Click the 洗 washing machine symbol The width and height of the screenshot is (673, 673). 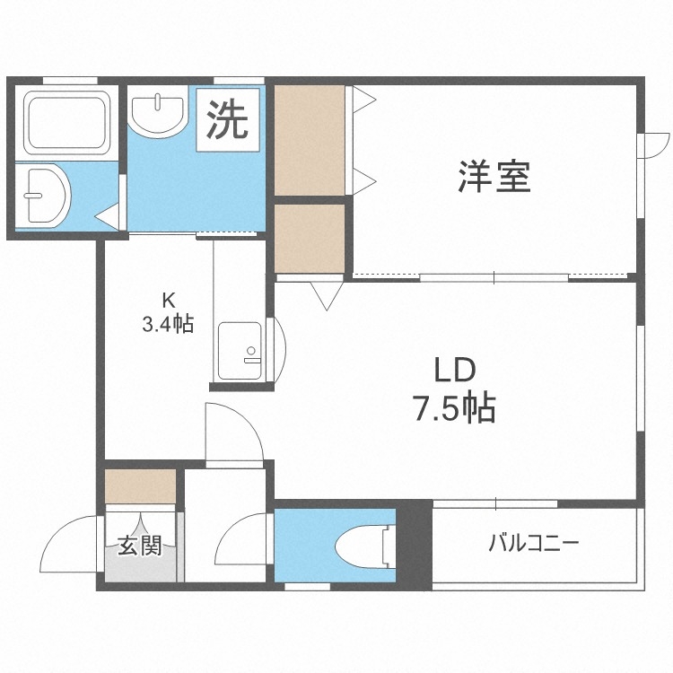228,120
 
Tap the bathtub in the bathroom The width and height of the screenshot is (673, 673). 65,120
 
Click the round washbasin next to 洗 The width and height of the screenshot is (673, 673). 157,114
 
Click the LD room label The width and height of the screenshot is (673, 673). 454,371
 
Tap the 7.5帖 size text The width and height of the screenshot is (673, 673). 454,409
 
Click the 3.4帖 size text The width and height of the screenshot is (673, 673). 167,324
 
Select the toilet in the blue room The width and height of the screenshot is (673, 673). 363,545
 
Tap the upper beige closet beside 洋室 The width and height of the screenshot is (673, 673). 310,140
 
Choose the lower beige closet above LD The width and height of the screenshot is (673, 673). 310,238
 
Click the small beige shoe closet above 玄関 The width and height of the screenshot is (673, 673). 140,486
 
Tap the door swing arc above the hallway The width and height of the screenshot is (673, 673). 235,431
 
